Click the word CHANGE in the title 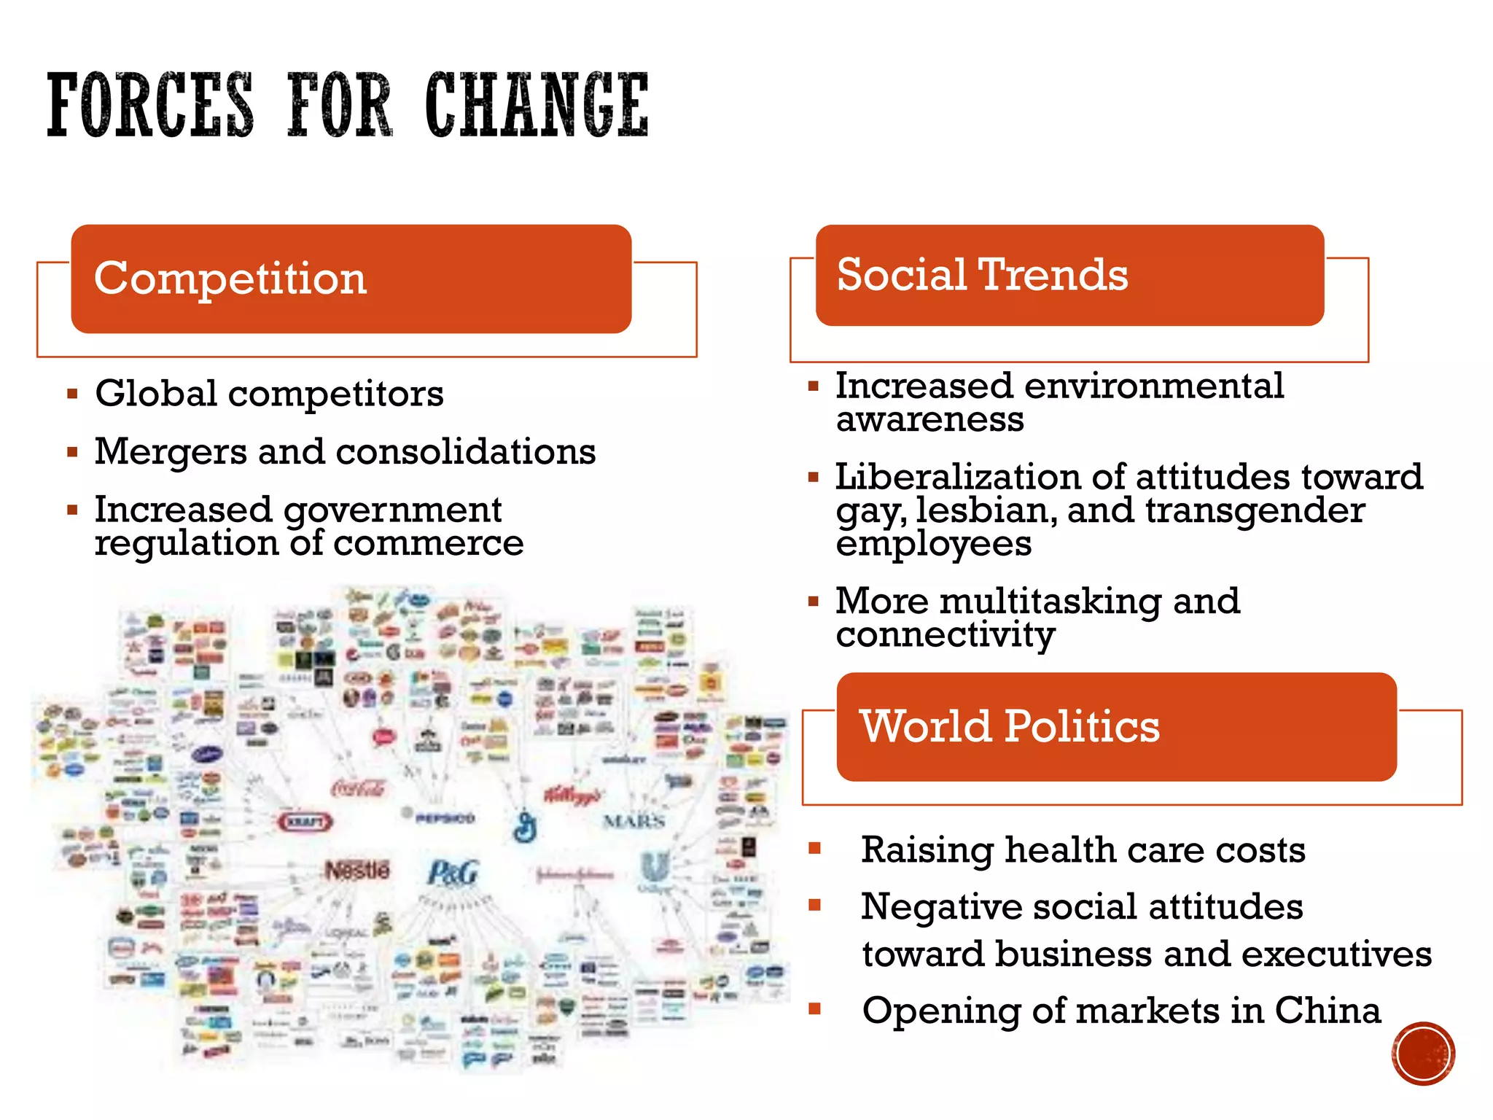coord(537,105)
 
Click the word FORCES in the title coord(150,105)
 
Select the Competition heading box coord(351,279)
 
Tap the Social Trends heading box coord(1069,275)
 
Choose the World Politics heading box coord(1116,726)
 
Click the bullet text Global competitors coord(269,394)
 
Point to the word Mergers coord(171,452)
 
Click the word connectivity coord(946,635)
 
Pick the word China coord(1328,1011)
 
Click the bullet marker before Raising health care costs coord(815,848)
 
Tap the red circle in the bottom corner coord(1423,1054)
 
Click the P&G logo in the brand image coord(453,873)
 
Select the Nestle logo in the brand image coord(357,870)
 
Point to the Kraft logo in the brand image coord(305,822)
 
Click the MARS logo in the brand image coord(634,821)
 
